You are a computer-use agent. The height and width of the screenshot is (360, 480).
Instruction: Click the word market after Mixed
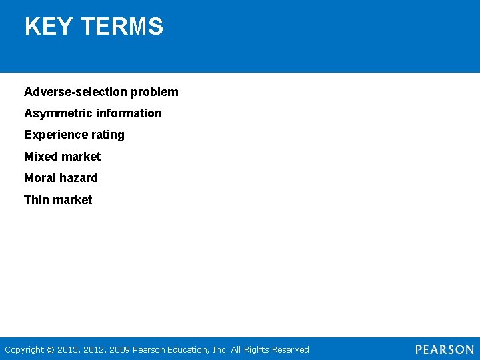coord(81,157)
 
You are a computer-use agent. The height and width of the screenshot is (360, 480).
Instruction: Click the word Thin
coord(37,200)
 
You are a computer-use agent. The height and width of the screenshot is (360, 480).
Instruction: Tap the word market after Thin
coord(73,200)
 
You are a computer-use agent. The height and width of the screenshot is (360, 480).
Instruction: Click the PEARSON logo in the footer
coord(445,349)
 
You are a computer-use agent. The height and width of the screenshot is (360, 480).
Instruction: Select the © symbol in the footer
coord(51,349)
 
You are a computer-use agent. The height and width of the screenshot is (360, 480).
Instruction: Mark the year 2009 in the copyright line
coord(120,349)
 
